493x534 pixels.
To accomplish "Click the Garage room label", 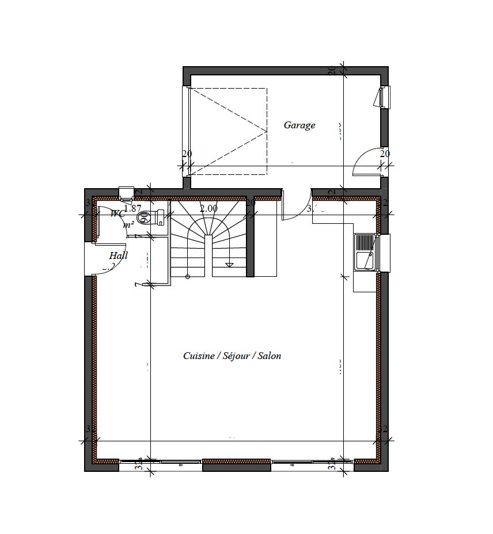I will [x=299, y=125].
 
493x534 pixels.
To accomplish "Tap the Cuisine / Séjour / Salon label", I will [x=232, y=356].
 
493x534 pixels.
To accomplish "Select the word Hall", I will [x=119, y=255].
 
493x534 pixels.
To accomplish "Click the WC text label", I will [x=118, y=213].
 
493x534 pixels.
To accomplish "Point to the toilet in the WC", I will [x=151, y=217].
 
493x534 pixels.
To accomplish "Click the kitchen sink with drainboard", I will [x=365, y=252].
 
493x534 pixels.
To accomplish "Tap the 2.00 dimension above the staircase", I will [x=208, y=208].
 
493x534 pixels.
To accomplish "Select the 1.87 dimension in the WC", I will [x=132, y=208].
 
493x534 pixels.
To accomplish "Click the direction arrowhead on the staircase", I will [x=229, y=265].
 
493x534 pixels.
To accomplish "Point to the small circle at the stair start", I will [x=188, y=277].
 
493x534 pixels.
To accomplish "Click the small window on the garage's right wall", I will [x=384, y=97].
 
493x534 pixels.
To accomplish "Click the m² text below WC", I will [x=128, y=224].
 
